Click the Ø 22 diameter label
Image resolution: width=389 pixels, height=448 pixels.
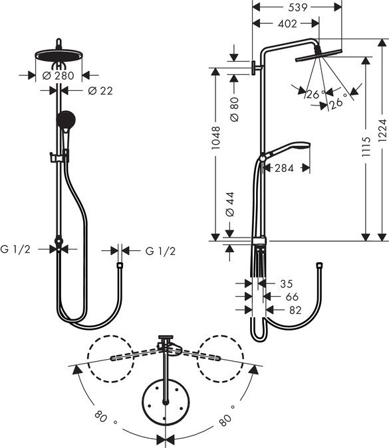(x=99, y=90)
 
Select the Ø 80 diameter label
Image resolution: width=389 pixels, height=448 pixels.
(x=233, y=108)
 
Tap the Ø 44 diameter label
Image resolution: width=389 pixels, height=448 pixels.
(x=230, y=204)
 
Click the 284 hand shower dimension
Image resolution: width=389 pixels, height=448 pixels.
(x=284, y=168)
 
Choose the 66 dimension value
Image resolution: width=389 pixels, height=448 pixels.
(x=291, y=296)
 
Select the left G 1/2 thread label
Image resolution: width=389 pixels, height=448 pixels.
(x=14, y=250)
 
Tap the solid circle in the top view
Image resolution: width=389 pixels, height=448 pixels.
(x=165, y=402)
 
